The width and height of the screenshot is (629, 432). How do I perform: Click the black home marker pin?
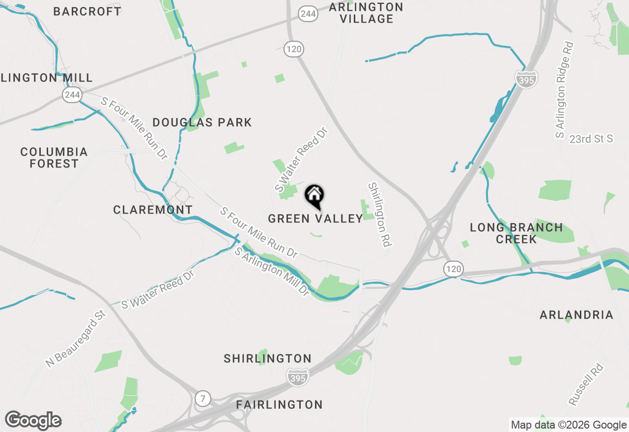(314, 196)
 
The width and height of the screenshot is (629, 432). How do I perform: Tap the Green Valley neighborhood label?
(315, 218)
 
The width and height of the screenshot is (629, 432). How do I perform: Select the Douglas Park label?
(202, 122)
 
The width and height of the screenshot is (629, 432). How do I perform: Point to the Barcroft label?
(87, 11)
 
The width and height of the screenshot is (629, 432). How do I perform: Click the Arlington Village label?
(366, 13)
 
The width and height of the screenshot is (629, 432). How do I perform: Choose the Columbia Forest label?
(54, 158)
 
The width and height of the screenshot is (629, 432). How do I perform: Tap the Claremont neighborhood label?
(153, 210)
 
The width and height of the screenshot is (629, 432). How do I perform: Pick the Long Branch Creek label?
(516, 233)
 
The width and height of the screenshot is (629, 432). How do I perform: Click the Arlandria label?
(576, 315)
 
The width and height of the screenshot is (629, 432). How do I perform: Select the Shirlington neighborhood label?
(267, 359)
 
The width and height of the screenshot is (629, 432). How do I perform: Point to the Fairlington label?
(279, 405)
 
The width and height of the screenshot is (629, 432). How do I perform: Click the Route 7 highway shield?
(202, 398)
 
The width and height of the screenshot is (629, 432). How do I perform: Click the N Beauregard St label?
(76, 339)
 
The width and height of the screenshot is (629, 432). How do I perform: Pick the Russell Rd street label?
(586, 384)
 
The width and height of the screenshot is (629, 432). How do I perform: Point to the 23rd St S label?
(591, 139)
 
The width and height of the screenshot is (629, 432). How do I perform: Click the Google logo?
(33, 420)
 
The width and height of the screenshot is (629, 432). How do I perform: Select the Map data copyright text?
(569, 425)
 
